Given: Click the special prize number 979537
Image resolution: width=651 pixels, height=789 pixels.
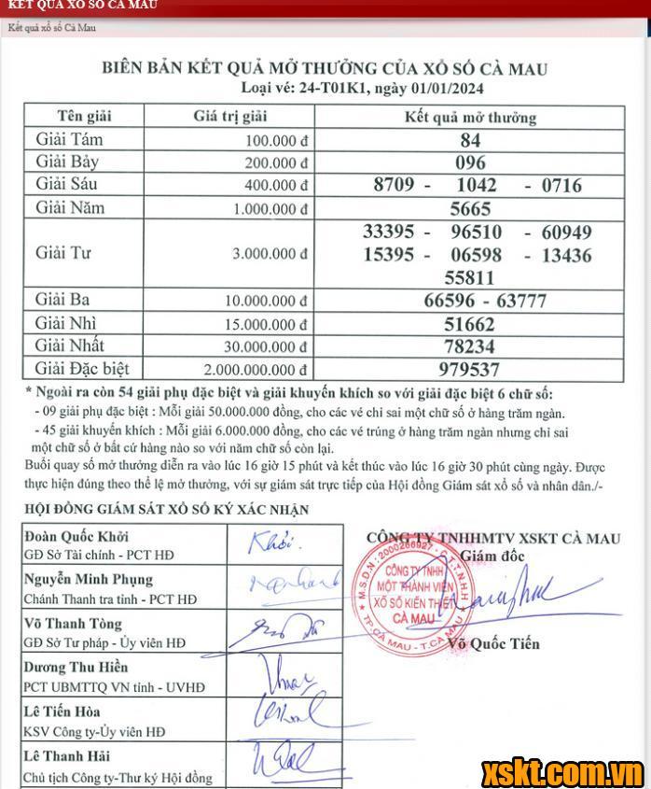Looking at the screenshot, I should tap(469, 369).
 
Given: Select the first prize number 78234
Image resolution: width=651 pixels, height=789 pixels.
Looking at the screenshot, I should tap(469, 346).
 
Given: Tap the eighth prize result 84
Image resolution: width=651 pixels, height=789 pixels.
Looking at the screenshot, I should tap(470, 140).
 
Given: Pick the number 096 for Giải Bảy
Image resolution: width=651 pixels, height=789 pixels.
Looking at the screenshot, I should tap(470, 162).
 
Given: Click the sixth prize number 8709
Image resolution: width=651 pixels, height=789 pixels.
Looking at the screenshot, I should tap(394, 185).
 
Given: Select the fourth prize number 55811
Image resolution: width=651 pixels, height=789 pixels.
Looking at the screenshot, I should tap(469, 277).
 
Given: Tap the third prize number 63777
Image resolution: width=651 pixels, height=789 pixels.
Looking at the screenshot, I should tap(523, 300).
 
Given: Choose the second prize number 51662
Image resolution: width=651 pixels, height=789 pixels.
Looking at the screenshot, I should tap(469, 323).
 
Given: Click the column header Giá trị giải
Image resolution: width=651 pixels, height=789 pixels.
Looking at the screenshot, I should tap(229, 117).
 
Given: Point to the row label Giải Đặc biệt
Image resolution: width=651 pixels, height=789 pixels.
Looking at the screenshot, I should tap(82, 368).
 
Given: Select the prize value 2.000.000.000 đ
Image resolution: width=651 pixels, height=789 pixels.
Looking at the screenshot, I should tap(249, 370).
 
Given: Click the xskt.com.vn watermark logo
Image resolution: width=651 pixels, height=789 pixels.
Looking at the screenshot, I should tap(562, 772).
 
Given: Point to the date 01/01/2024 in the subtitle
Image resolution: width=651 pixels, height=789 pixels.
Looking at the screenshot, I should tap(442, 89).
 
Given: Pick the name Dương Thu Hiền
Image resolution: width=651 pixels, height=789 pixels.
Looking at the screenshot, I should tap(77, 667).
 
